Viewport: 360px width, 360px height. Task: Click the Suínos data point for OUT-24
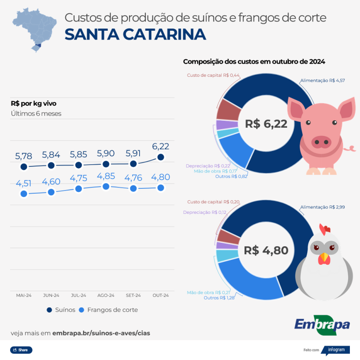point(161,157)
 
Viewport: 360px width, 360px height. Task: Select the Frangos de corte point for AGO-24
point(106,187)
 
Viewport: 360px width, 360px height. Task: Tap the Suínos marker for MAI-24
point(24,167)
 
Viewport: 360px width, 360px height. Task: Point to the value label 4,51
point(24,183)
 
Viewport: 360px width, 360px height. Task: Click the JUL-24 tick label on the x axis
point(78,295)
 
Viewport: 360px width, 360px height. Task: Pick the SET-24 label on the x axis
point(133,295)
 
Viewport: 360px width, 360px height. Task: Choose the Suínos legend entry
point(61,310)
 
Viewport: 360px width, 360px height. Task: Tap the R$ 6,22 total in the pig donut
point(266,124)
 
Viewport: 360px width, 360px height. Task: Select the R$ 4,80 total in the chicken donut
point(266,251)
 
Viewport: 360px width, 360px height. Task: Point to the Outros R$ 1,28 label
point(220,298)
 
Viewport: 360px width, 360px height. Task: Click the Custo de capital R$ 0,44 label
point(213,75)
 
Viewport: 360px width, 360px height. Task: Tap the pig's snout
point(321,141)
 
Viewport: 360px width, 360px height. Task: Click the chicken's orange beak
point(324,258)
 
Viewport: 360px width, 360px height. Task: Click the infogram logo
point(336,350)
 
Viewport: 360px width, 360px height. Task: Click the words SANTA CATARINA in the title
point(135,34)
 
